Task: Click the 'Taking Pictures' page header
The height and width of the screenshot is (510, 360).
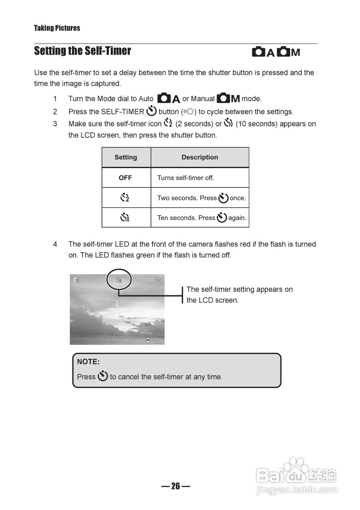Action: (57, 28)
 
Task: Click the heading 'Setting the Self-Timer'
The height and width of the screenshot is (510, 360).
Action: (82, 51)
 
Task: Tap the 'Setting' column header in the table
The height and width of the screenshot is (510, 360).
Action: (126, 157)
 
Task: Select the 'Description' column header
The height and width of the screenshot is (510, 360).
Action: (200, 157)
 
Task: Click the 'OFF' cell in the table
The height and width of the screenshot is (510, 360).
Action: (125, 178)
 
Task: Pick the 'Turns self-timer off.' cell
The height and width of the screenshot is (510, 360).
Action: (186, 178)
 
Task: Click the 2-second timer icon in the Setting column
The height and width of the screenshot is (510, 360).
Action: (125, 198)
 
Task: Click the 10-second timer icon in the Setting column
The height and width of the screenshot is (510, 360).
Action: (125, 218)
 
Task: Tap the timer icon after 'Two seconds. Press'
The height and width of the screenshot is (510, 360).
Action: (223, 198)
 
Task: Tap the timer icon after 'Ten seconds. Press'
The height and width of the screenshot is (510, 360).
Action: (222, 218)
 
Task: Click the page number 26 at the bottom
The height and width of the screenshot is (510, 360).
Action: (176, 486)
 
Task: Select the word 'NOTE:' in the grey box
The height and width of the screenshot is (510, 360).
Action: (88, 362)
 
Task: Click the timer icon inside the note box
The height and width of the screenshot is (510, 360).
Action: (103, 376)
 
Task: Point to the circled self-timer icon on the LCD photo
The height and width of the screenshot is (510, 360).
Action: (118, 280)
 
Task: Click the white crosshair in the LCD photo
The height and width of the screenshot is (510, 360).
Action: (117, 309)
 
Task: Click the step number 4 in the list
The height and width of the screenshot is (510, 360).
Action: (55, 244)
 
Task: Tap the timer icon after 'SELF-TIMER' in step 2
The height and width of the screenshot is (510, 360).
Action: (151, 111)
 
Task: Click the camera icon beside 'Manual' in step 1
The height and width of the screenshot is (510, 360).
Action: (224, 98)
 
